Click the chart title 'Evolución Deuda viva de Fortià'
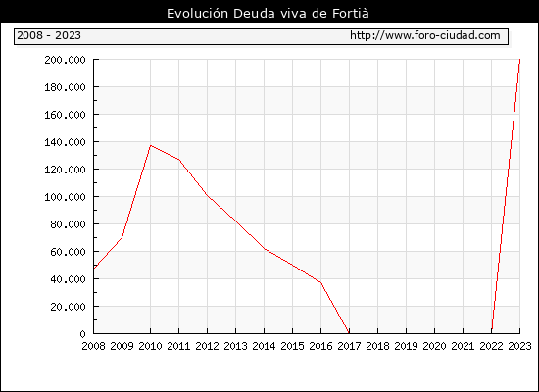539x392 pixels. pos(268,14)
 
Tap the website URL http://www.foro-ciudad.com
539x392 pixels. pos(425,35)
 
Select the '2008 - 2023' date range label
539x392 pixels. pos(49,35)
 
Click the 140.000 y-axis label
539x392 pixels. pos(65,142)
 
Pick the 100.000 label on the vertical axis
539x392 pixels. pos(65,197)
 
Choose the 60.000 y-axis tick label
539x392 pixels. pos(68,252)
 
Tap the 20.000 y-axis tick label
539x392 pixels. pos(68,307)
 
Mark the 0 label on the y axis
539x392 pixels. pos(82,334)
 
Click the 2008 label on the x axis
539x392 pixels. pos(93,346)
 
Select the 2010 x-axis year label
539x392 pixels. pos(150,346)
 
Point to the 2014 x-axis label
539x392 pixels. pos(264,346)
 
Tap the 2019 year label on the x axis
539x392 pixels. pos(406,346)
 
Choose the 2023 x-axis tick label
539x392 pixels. pos(519,346)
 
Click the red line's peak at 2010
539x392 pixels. pos(151,145)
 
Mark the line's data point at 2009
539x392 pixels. pos(122,237)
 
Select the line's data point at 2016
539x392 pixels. pos(321,282)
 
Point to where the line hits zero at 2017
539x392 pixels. pos(349,333)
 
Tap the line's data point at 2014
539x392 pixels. pos(264,248)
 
